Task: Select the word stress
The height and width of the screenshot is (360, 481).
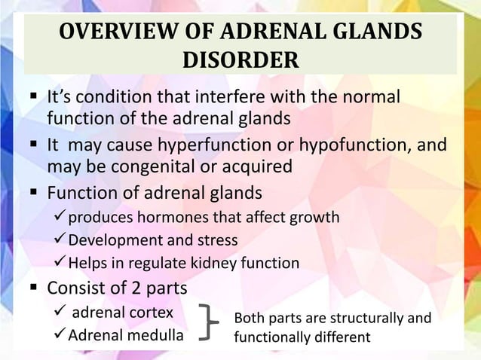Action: [x=216, y=241]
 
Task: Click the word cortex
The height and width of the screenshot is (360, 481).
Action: [x=149, y=312]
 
